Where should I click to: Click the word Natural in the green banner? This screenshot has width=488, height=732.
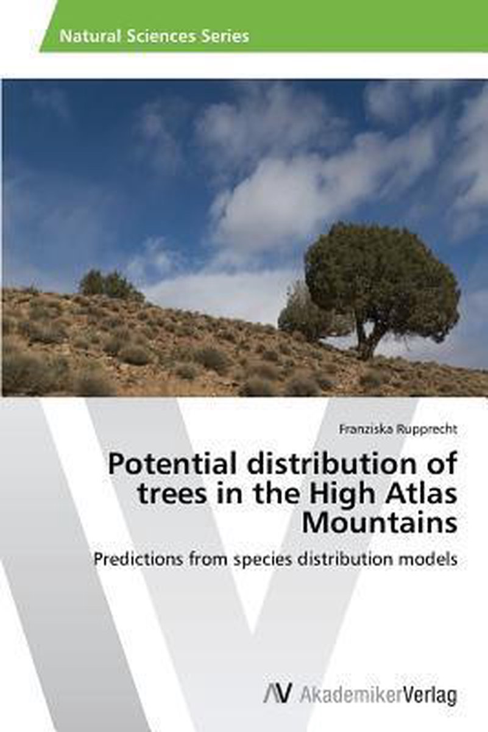[x=89, y=37]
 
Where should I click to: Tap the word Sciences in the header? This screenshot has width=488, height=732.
[x=160, y=37]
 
